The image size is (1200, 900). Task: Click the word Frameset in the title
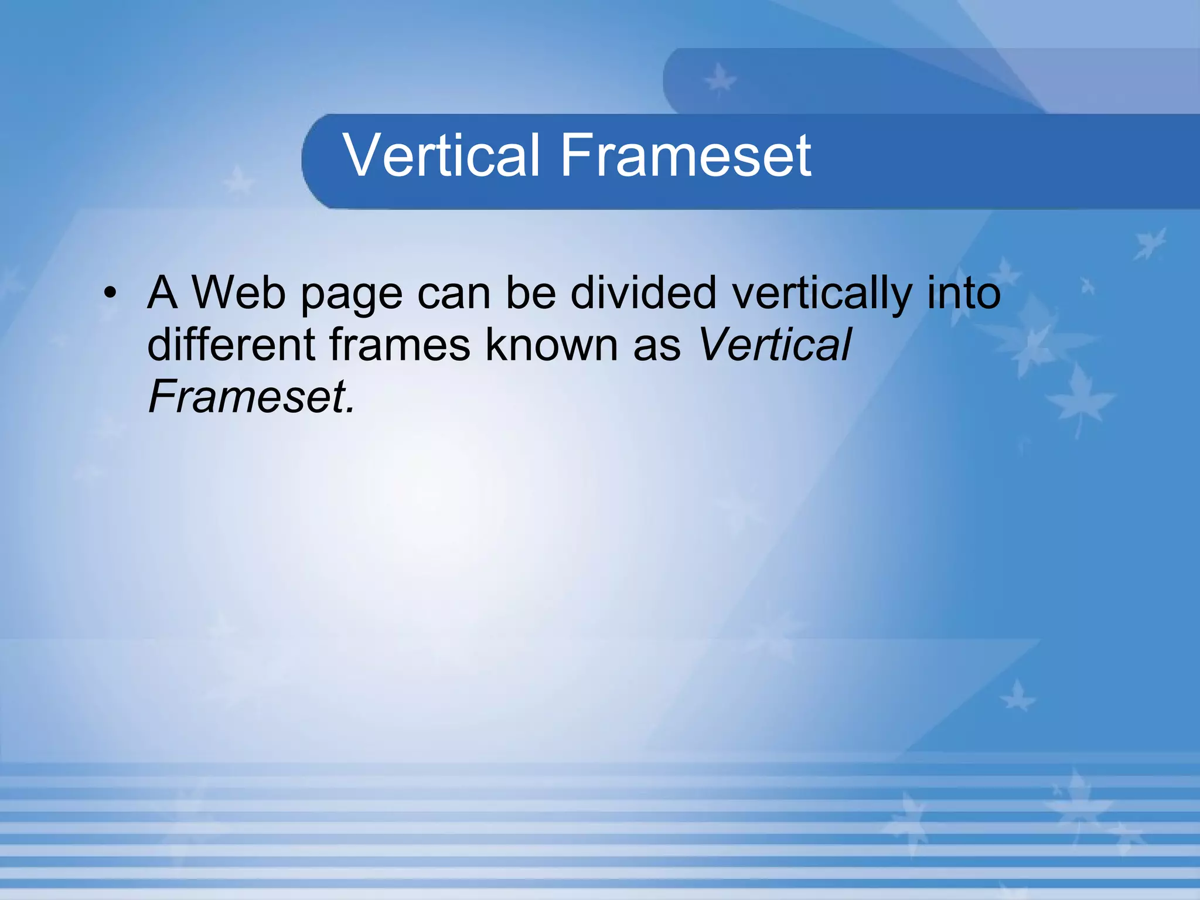pyautogui.click(x=686, y=155)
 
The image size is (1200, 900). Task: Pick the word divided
pyautogui.click(x=643, y=292)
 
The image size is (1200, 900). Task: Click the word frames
pyautogui.click(x=400, y=345)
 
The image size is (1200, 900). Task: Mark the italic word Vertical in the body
pyautogui.click(x=775, y=345)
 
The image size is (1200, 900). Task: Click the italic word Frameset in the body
pyautogui.click(x=247, y=397)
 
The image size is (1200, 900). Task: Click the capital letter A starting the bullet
pyautogui.click(x=162, y=292)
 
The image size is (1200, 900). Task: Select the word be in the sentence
pyautogui.click(x=531, y=292)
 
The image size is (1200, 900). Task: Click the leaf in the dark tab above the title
pyautogui.click(x=720, y=80)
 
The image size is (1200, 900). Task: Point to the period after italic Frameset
pyautogui.click(x=350, y=410)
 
